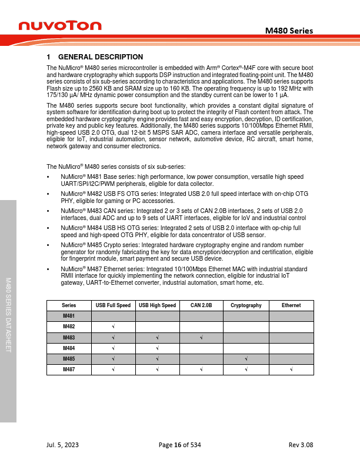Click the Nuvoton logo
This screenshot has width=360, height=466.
[x=60, y=25]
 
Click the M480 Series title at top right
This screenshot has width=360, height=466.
[x=289, y=31]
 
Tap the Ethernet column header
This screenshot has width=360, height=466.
[x=291, y=305]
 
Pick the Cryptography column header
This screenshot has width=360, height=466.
[x=246, y=305]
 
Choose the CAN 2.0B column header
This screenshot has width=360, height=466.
[x=201, y=305]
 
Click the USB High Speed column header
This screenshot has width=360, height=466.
[x=157, y=305]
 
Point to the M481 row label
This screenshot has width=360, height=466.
[x=69, y=316]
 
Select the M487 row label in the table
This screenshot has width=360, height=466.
[x=69, y=370]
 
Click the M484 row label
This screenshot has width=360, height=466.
[x=69, y=348]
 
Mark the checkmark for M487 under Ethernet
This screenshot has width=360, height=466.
[x=291, y=370]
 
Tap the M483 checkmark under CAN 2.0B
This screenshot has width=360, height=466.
[x=201, y=337]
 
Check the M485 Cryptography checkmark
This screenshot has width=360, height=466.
[x=246, y=359]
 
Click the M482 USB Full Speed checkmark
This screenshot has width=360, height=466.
[x=113, y=327]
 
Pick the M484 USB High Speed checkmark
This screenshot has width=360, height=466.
[x=157, y=348]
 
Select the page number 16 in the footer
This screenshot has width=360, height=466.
[x=177, y=445]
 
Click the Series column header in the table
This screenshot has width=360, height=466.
[x=69, y=305]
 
